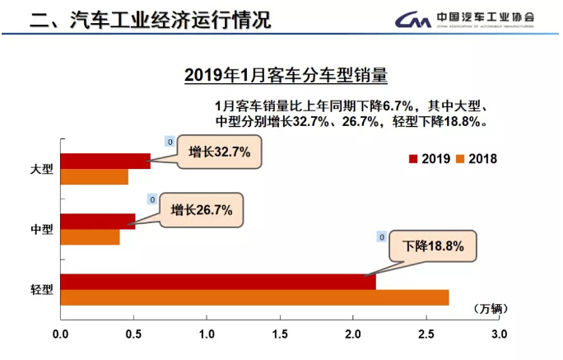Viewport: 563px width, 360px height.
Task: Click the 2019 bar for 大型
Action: (105, 161)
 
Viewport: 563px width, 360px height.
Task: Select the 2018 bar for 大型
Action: (94, 176)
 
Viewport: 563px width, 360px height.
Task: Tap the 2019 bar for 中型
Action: (97, 221)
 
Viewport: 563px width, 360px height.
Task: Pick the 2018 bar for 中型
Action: (90, 237)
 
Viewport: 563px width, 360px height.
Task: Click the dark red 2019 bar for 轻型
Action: (218, 282)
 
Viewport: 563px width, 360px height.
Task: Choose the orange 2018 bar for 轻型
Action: (254, 297)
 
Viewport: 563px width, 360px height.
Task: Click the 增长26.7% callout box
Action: (202, 211)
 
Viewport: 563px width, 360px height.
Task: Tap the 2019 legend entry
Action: (429, 159)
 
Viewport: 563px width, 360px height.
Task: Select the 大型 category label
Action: (41, 169)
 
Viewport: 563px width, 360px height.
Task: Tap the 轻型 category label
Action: (41, 289)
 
